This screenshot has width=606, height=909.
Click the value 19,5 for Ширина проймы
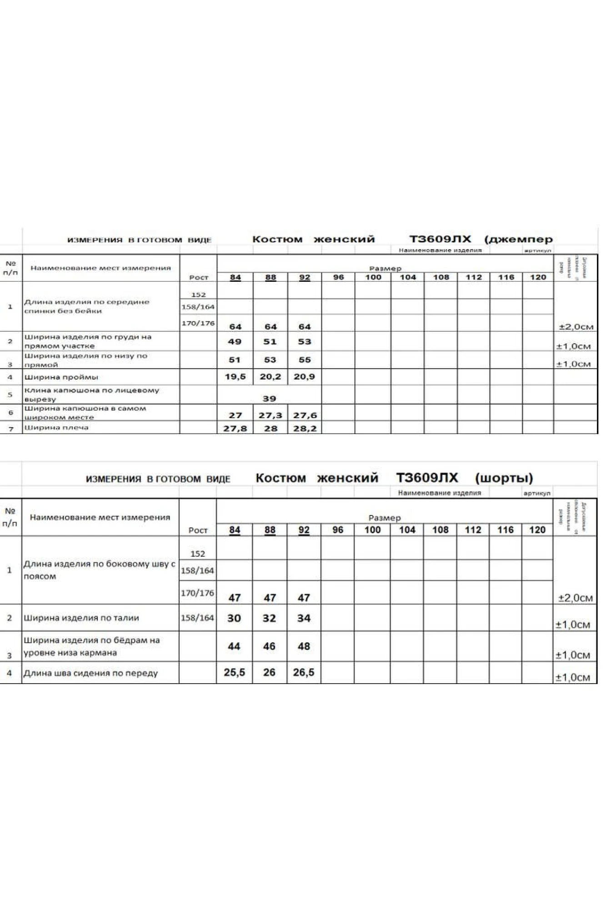[235, 376]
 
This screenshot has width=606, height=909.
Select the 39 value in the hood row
[269, 399]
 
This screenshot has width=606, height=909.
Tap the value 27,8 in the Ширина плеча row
[235, 428]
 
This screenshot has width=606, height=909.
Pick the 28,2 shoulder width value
[304, 428]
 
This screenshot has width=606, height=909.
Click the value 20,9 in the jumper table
[304, 376]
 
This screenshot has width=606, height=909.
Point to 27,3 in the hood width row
[270, 415]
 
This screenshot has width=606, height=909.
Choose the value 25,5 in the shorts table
[234, 672]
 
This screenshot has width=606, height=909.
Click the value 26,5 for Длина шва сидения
[304, 672]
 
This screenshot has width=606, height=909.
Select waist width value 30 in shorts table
[234, 618]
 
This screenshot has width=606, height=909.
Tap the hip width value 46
[269, 646]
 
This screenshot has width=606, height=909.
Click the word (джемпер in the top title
[518, 239]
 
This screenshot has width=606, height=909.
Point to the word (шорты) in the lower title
[504, 478]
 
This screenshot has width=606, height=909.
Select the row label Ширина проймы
[61, 377]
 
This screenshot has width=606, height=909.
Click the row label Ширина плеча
[56, 428]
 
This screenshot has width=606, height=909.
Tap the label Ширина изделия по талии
[81, 618]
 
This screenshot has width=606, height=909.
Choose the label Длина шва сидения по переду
[90, 673]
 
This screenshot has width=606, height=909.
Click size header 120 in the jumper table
[538, 277]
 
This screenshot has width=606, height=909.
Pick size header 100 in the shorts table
[372, 530]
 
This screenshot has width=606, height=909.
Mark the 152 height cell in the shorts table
[198, 554]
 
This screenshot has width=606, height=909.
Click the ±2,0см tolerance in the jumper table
[576, 326]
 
